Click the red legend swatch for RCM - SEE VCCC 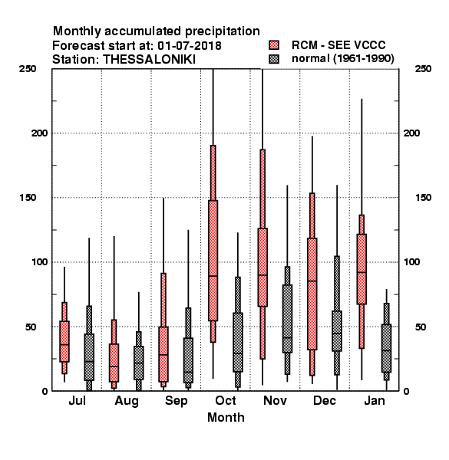[274, 45]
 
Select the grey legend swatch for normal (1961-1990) [274, 59]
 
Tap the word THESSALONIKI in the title [149, 60]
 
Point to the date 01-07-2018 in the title [190, 46]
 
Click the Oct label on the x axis [226, 401]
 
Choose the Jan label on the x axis [375, 401]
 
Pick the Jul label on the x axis [77, 401]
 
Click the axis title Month [226, 418]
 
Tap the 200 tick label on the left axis [39, 133]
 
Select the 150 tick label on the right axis [423, 198]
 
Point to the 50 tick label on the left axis [31, 327]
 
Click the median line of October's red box [213, 276]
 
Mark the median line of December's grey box [337, 333]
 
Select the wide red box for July [64, 341]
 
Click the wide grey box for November [287, 319]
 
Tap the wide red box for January [362, 269]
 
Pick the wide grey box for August [139, 363]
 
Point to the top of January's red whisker [362, 99]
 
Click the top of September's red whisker [163, 199]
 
